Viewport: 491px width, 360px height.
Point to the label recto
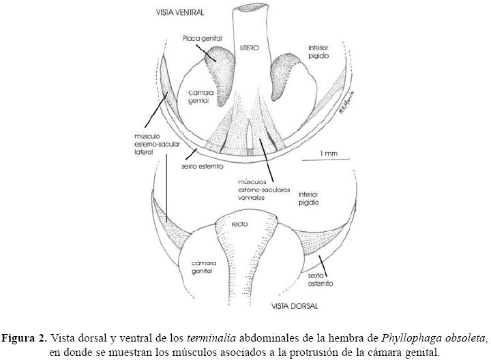pos(239,224)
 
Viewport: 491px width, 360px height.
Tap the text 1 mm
pos(329,154)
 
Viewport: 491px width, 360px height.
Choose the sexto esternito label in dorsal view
pos(321,278)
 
